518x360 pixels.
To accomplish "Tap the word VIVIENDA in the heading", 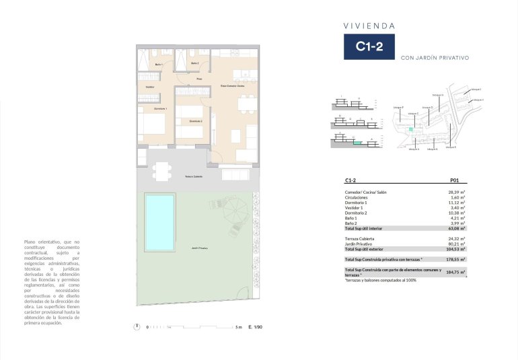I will click(x=369, y=26).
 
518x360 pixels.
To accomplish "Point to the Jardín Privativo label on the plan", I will click(x=198, y=248).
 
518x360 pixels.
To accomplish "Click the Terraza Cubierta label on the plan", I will click(x=194, y=176).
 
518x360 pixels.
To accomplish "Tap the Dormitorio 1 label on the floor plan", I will click(x=160, y=108).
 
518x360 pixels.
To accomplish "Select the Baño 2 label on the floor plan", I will click(x=195, y=63).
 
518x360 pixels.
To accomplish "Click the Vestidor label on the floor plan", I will click(x=149, y=87).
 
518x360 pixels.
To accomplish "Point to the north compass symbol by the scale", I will click(x=137, y=327).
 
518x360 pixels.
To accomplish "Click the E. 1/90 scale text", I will click(x=254, y=327).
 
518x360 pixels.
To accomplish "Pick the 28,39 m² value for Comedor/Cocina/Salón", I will click(x=457, y=192).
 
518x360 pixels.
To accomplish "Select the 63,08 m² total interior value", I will click(x=457, y=229).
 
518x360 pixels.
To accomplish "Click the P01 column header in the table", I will click(x=454, y=180).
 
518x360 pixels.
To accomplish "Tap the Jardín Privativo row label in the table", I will click(x=360, y=244).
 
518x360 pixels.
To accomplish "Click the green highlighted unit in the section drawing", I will click(x=358, y=142).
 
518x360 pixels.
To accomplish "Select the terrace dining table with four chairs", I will click(x=161, y=172).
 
